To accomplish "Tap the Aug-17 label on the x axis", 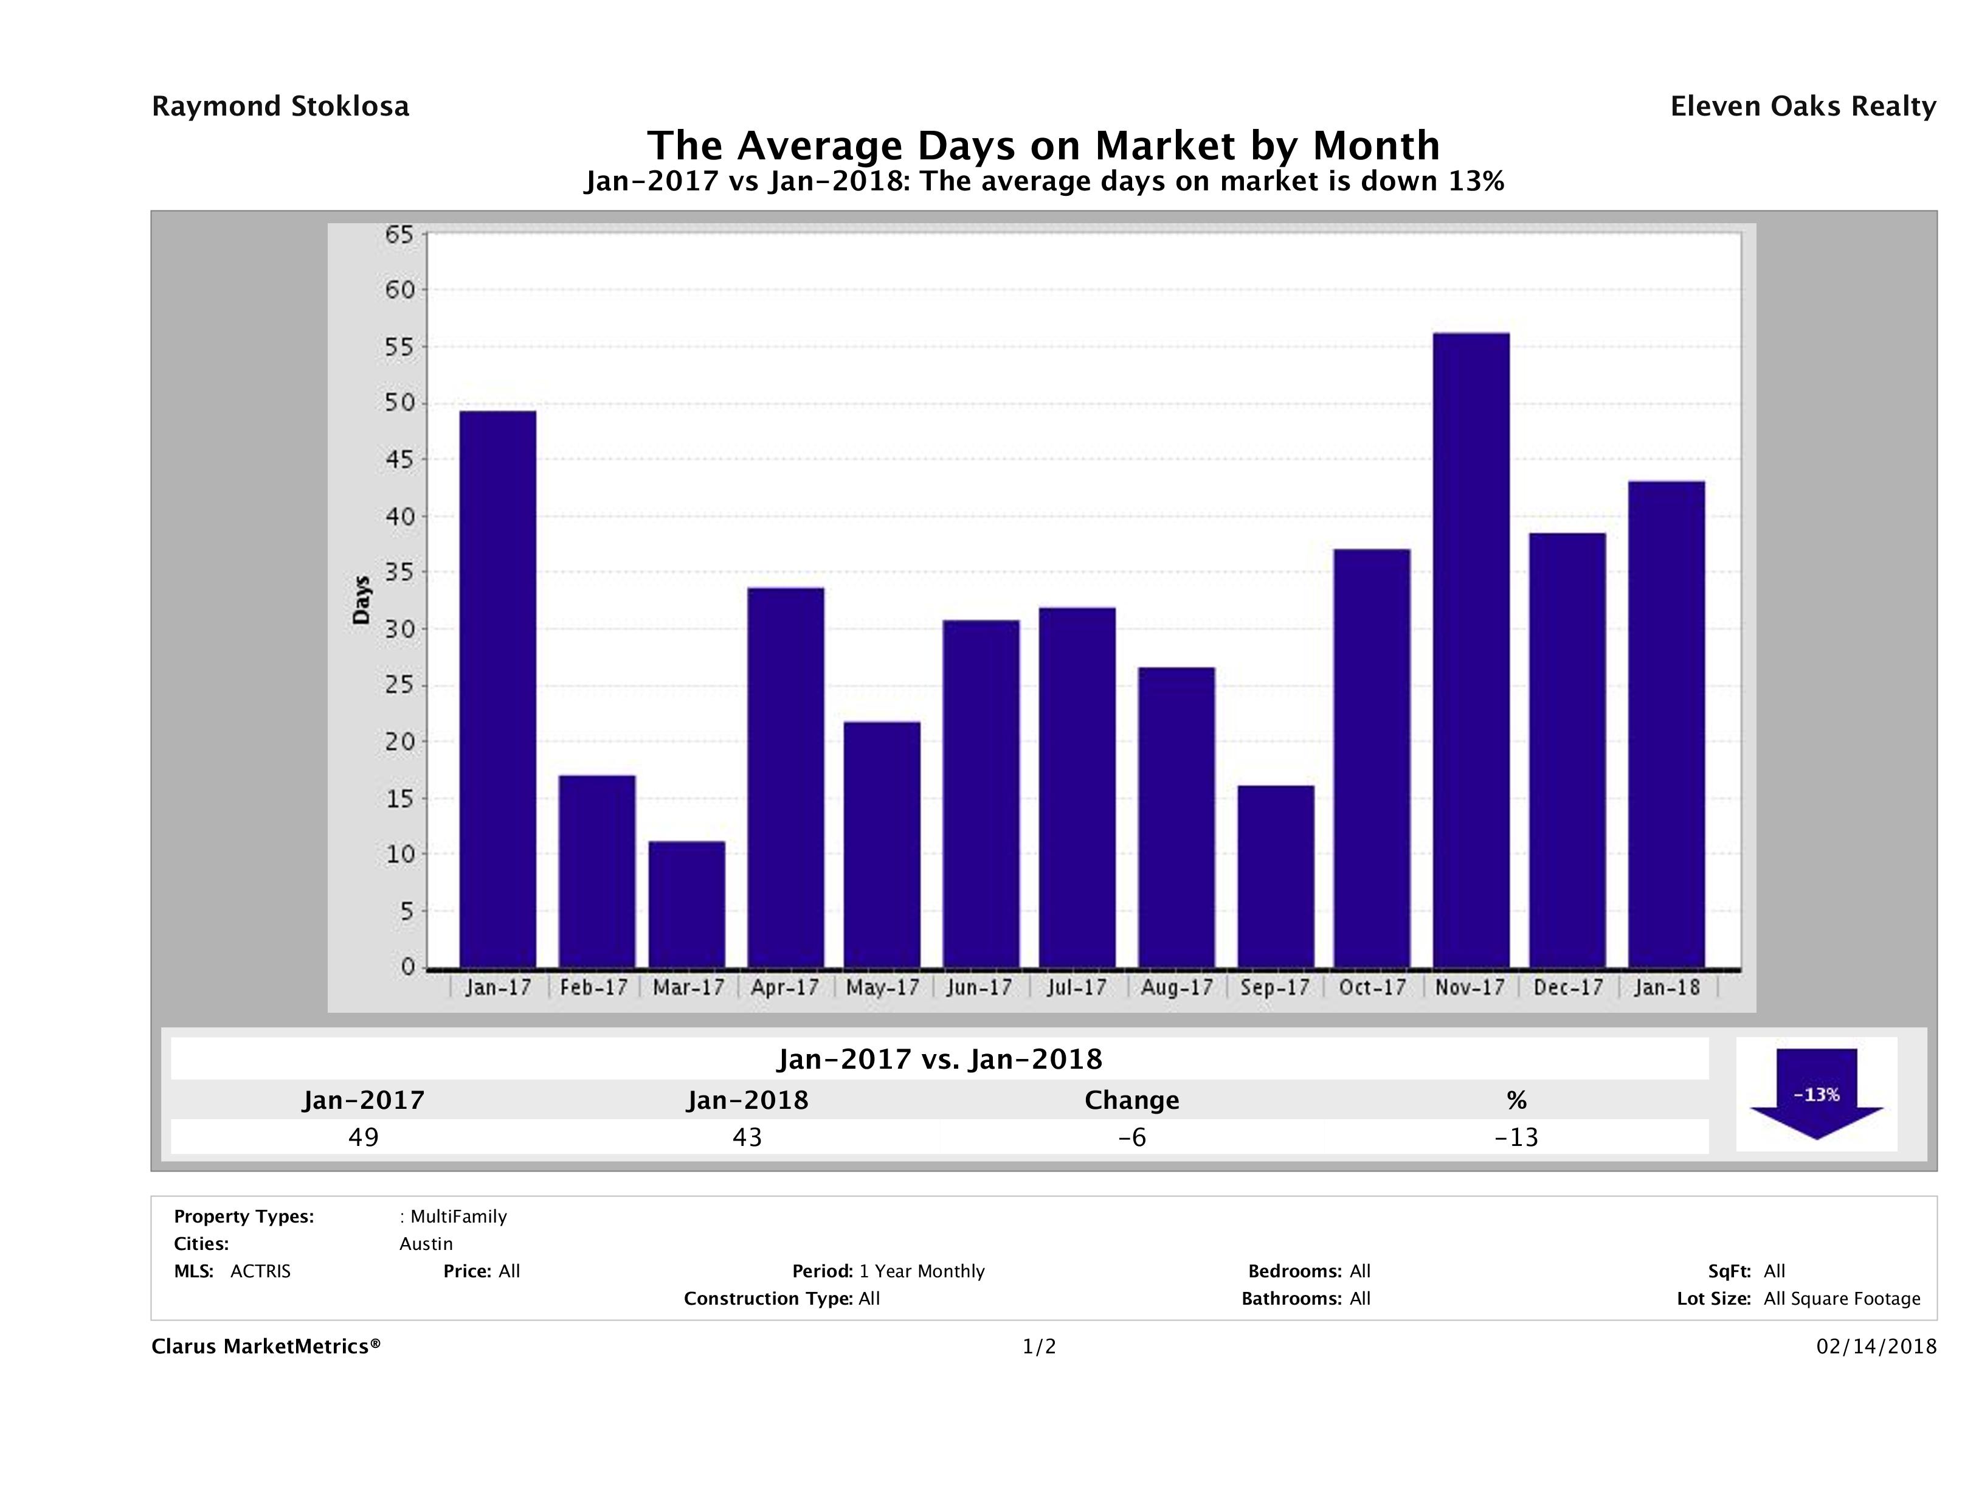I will [1176, 988].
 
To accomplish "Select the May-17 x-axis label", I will [883, 988].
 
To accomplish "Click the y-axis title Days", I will [361, 600].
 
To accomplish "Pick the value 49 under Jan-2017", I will [364, 1137].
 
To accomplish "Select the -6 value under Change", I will [1132, 1137].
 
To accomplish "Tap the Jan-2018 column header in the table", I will [748, 1100].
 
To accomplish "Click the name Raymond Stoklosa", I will [280, 106].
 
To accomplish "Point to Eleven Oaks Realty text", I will [1802, 106].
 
